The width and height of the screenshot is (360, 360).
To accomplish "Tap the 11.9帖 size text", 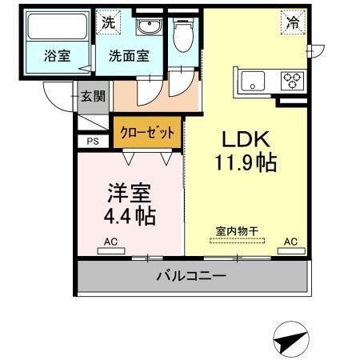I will pos(246,163).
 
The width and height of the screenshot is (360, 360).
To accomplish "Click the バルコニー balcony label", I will pos(191,278).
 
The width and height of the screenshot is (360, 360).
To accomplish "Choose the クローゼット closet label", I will pos(147,130).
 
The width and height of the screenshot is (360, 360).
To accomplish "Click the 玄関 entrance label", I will pos(94,97).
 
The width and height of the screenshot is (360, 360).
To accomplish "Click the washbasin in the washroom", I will pos(147,29).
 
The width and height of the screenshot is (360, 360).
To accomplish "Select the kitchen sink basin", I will pos(253,80).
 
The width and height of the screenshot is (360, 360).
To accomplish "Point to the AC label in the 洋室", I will pos(108,241).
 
